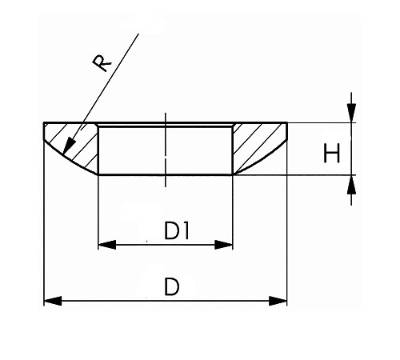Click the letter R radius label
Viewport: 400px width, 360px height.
(x=102, y=63)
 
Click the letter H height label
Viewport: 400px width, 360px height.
(x=331, y=153)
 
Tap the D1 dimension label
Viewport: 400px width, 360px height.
(x=177, y=231)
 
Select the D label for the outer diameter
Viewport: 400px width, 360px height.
(x=171, y=286)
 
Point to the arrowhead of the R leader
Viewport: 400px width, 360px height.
(x=69, y=146)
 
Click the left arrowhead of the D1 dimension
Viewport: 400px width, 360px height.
(x=107, y=245)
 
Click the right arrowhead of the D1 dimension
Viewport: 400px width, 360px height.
(x=224, y=245)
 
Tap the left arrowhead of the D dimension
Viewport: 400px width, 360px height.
(x=53, y=301)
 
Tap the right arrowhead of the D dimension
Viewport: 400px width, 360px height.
(x=278, y=301)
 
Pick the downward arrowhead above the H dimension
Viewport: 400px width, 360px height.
(x=351, y=113)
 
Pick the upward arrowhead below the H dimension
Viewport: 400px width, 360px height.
(x=351, y=185)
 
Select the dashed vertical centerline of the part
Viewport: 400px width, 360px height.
(x=166, y=150)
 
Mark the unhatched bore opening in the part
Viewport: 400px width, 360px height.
(x=166, y=150)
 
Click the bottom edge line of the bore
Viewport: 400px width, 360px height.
(x=166, y=175)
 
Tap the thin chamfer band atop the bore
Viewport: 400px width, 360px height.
(x=166, y=125)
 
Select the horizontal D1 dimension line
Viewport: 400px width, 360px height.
(x=166, y=245)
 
